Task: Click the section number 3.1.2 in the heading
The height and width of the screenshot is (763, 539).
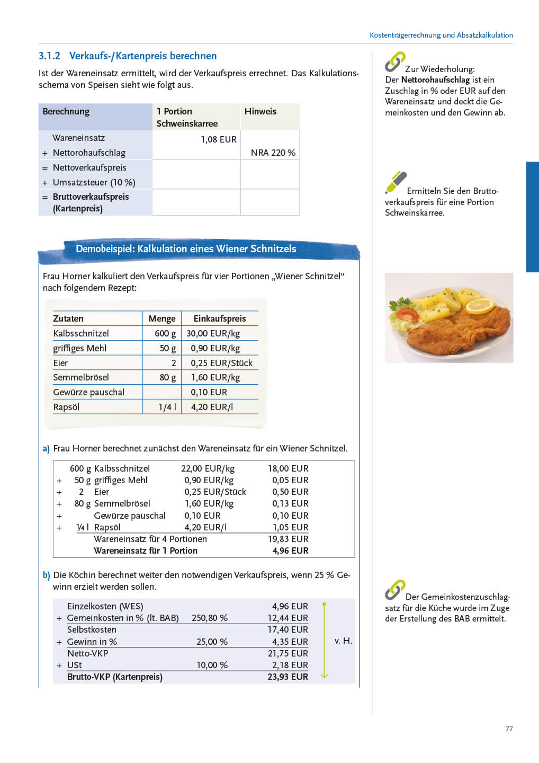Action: (49, 56)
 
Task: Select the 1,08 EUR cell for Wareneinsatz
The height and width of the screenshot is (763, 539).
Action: (218, 140)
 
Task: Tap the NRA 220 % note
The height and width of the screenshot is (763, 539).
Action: (273, 153)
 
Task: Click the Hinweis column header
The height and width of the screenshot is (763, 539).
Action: (260, 112)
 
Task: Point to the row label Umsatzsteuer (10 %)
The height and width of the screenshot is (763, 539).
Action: (94, 183)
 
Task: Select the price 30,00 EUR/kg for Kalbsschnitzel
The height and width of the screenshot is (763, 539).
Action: (213, 334)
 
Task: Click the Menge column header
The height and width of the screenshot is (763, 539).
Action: (162, 319)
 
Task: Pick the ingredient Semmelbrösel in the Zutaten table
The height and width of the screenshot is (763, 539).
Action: (81, 378)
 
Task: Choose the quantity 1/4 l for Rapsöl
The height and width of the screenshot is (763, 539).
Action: (167, 407)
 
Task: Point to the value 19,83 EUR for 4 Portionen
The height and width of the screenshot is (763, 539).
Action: (288, 539)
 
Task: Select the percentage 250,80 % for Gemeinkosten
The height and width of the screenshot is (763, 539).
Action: (210, 618)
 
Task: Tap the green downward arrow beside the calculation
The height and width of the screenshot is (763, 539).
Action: (325, 641)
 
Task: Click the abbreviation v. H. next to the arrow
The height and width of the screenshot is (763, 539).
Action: (343, 641)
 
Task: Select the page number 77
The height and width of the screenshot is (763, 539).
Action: (509, 729)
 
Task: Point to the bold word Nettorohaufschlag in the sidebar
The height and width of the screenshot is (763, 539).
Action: (435, 80)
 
